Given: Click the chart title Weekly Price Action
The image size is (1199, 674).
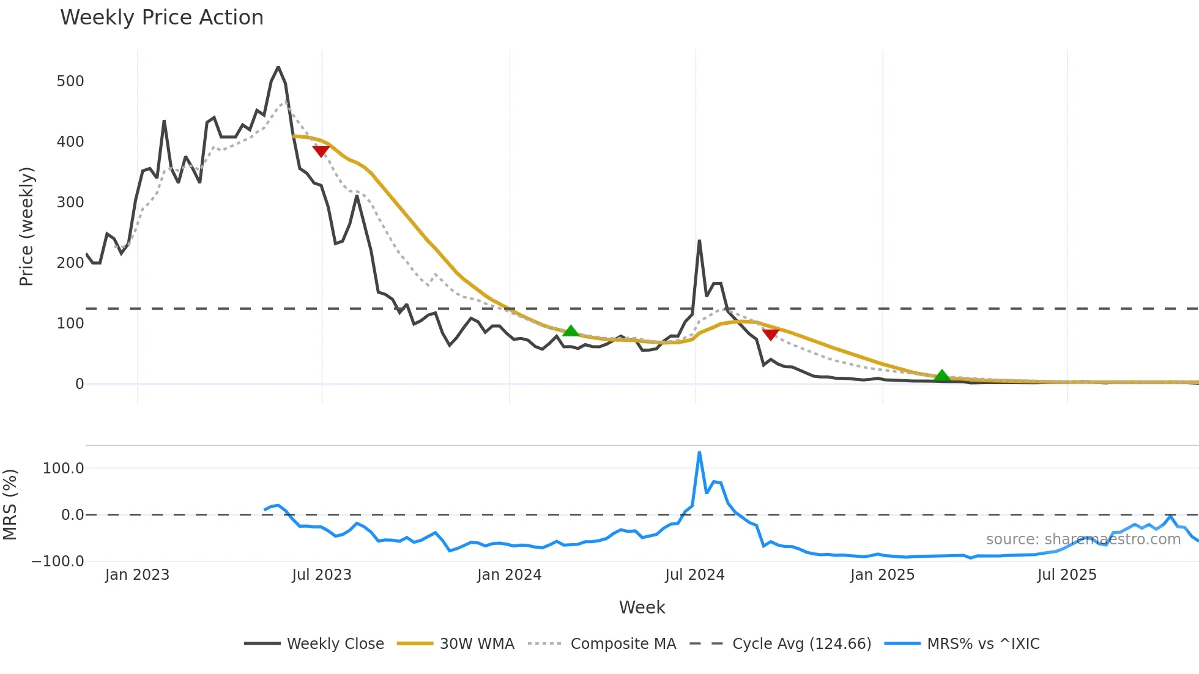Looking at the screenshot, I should pos(161,18).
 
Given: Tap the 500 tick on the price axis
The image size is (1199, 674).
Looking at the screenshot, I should pos(70,81).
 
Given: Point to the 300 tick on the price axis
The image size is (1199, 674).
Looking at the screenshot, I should pos(70,202).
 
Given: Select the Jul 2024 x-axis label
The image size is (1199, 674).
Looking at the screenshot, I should pos(694,575).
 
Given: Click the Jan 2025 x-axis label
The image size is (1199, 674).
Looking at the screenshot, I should pos(882,575).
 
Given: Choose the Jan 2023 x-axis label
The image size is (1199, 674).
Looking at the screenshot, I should pos(137,575).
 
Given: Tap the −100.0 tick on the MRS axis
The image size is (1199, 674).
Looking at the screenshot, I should pos(58,561).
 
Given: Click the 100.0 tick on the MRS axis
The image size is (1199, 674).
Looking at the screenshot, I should pos(63,468).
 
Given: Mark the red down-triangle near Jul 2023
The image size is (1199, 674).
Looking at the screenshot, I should pos(321,151).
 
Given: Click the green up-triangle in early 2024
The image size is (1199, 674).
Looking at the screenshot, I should pos(570,331).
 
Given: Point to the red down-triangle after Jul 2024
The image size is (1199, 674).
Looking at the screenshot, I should pos(770,335).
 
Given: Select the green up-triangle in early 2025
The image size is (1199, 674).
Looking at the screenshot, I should pos(942,376).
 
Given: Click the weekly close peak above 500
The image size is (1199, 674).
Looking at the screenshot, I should pos(278,67).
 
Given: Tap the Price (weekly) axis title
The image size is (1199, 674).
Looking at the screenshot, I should pos(26,226).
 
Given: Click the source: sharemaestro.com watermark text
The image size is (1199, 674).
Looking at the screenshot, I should pos(1083,539).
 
